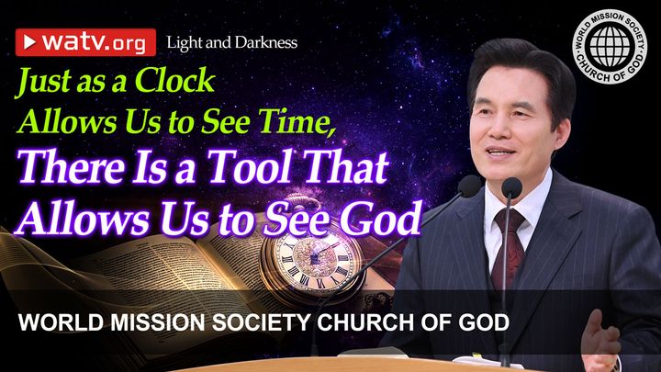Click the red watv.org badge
tap(85, 41)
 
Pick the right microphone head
tap(511, 188)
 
